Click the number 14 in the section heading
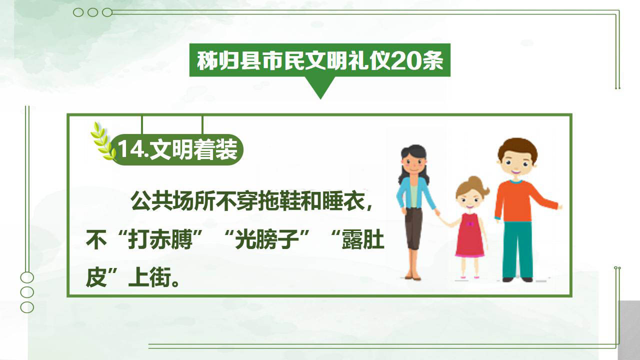click(x=131, y=149)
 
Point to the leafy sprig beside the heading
click(x=103, y=141)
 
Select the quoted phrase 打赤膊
click(x=160, y=239)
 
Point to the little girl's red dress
click(x=469, y=235)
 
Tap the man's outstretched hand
click(x=560, y=207)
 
